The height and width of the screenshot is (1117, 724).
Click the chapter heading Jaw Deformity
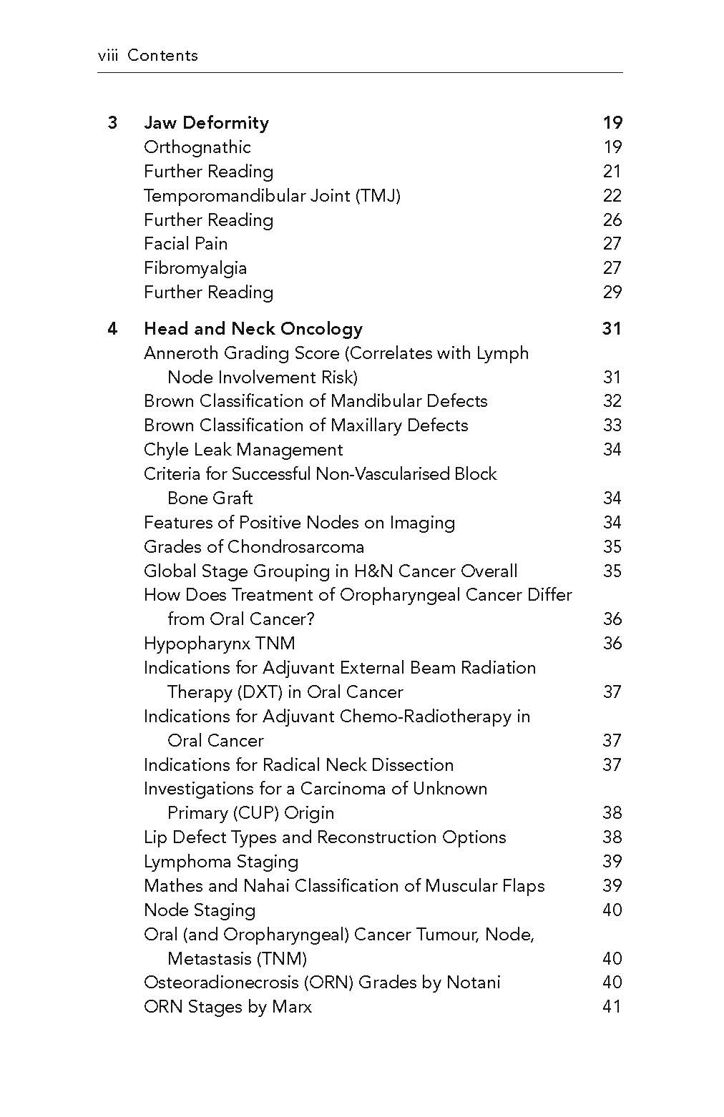coord(206,123)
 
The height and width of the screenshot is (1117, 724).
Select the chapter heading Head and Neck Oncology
coord(253,329)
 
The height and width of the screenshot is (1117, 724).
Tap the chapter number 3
coord(112,123)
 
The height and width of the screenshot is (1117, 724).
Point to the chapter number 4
coord(112,329)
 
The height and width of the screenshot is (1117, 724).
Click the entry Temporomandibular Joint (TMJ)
coord(272,196)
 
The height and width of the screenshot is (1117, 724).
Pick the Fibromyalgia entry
coord(195,268)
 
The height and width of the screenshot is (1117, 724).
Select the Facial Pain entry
coord(185,244)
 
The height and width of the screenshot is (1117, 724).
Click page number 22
coord(612,196)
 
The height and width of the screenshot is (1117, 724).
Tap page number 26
coord(612,220)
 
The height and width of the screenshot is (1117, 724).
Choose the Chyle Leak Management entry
coord(243,450)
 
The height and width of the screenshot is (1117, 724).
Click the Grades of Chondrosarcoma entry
coord(254,547)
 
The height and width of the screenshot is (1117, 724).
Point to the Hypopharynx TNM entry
coord(219,644)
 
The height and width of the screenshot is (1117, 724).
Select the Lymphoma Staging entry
coord(221,862)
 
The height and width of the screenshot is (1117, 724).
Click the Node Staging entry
coord(200,910)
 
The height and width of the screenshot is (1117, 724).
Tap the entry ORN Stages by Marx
coord(228,1007)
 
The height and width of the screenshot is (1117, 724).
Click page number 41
coord(612,1007)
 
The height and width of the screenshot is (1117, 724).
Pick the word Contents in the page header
coord(162,56)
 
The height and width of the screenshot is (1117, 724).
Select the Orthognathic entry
coord(197,147)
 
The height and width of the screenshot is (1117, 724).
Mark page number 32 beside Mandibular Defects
coord(612,401)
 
